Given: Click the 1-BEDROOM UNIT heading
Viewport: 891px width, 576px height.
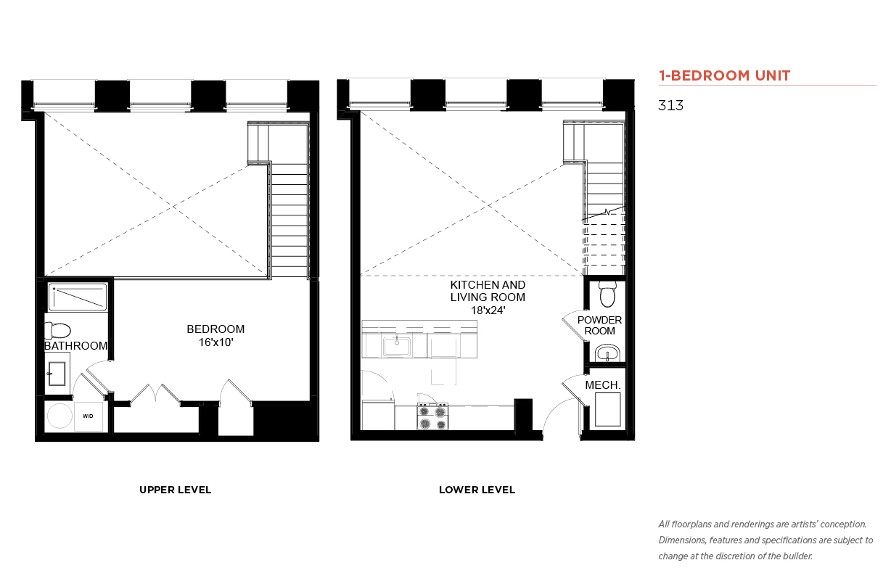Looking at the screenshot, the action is click(724, 75).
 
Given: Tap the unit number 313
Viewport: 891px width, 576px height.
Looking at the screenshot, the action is click(670, 105).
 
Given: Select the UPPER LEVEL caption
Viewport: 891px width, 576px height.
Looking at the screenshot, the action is click(175, 490).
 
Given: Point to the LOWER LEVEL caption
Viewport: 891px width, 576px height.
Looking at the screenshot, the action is click(477, 490).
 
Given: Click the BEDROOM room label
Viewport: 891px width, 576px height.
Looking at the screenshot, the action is click(215, 329).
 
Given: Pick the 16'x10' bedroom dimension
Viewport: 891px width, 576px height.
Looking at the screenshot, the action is click(216, 342).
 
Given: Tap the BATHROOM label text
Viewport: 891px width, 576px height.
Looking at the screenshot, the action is click(75, 346).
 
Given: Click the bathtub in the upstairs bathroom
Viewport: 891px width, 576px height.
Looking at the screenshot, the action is click(78, 297).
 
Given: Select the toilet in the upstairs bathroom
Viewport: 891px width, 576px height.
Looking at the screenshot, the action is click(58, 330).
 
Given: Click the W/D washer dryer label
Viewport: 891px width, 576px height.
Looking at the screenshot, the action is click(88, 416).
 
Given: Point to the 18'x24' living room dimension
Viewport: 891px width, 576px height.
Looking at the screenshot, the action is click(488, 310).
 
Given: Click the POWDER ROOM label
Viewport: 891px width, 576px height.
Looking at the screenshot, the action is click(599, 326).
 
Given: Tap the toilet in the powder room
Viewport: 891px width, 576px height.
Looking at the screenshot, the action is click(607, 294).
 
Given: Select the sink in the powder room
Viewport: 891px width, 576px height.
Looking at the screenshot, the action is click(607, 353).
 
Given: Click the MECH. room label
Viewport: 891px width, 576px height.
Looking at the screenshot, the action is click(603, 385).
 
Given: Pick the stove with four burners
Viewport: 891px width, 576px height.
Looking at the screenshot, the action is click(432, 416).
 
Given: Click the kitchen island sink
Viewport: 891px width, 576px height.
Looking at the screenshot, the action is click(397, 347).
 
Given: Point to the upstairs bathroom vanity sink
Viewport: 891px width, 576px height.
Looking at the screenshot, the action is click(57, 374).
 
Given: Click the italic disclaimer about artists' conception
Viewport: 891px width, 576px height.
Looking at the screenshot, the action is click(765, 540).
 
